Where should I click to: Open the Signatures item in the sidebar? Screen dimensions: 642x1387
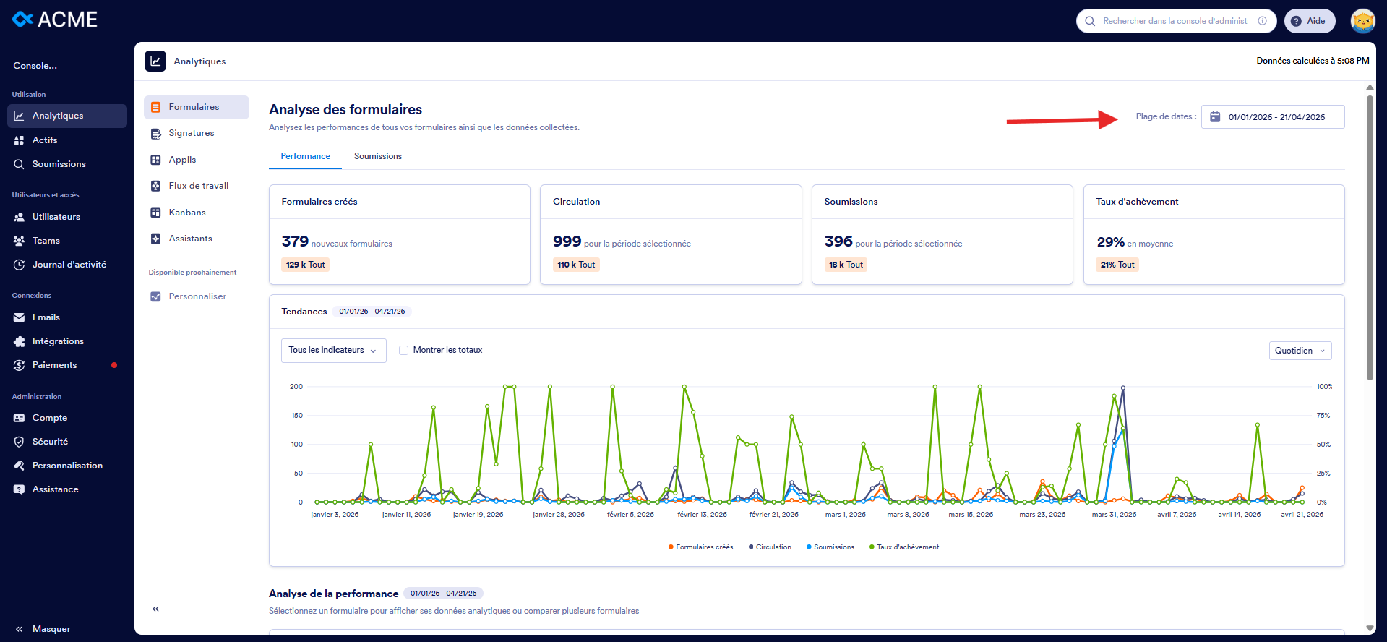pos(191,133)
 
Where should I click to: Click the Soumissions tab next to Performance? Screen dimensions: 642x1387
pos(377,156)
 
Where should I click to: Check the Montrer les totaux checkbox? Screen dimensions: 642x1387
pos(404,350)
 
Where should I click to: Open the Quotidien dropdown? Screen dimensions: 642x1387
pos(1300,351)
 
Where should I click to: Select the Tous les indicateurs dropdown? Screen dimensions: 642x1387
pos(333,350)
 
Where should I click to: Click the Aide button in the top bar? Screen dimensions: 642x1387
pos(1309,21)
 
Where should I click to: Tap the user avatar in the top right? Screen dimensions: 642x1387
pos(1362,21)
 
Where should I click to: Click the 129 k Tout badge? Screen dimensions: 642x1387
pos(305,265)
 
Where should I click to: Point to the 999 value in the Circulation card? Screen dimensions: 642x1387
pos(567,241)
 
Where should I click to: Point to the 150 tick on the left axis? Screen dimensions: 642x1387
pos(297,416)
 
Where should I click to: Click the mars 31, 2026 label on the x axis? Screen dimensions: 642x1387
pos(1114,515)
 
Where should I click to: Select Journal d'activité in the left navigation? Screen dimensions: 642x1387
pos(69,265)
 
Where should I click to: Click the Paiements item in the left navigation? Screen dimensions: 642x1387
pos(54,365)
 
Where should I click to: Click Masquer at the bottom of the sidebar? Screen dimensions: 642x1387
pos(51,629)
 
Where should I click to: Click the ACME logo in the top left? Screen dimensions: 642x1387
pos(55,20)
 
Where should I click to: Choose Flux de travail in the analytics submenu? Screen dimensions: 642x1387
pos(198,186)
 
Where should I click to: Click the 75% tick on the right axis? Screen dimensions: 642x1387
pos(1323,416)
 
